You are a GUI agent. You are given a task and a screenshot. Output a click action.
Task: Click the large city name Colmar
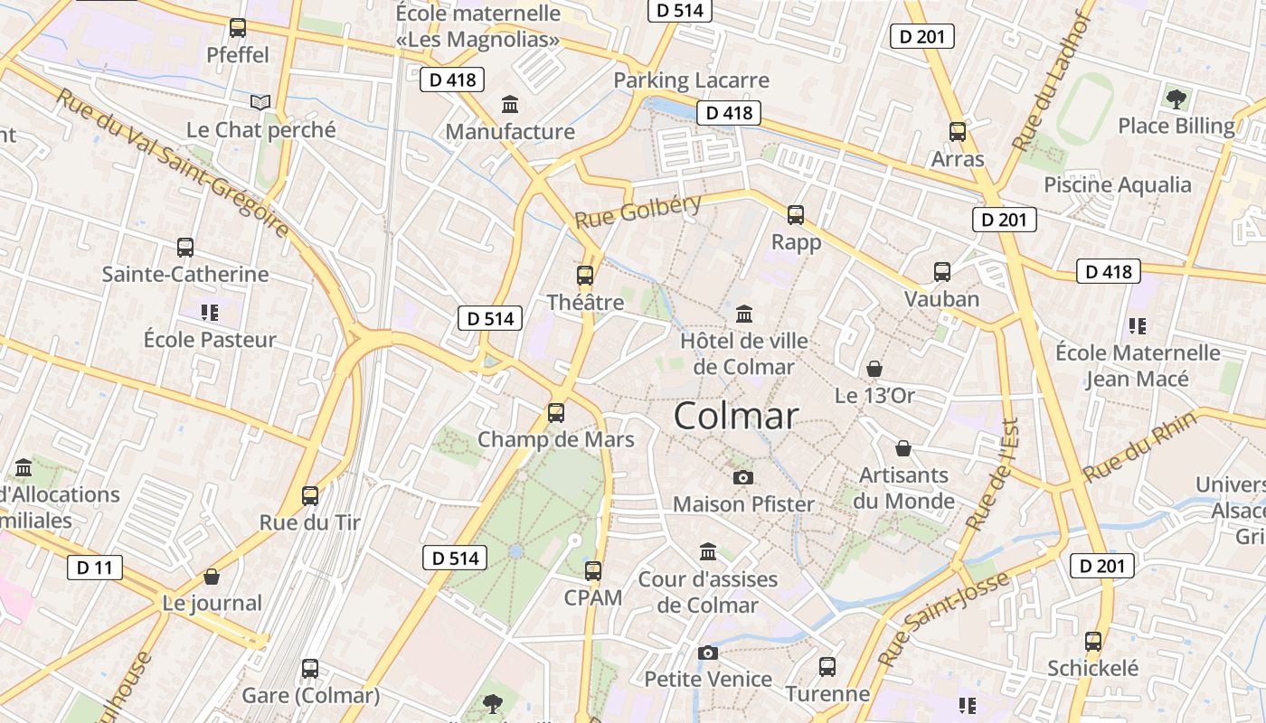pyautogui.click(x=736, y=416)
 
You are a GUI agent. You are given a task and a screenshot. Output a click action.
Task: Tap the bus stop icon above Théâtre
pyautogui.click(x=585, y=276)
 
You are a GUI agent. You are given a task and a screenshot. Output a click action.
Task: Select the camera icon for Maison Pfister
pyautogui.click(x=743, y=477)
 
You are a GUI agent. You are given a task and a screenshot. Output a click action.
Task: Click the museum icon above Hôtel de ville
pyautogui.click(x=744, y=315)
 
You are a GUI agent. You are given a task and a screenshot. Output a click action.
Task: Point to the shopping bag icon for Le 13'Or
pyautogui.click(x=874, y=369)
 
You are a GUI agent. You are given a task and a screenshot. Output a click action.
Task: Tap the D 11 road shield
pyautogui.click(x=95, y=568)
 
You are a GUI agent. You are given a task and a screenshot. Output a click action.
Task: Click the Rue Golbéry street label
pyautogui.click(x=638, y=210)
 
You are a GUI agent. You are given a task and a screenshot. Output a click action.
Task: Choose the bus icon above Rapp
pyautogui.click(x=796, y=215)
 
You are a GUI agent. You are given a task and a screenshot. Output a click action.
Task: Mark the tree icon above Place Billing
pyautogui.click(x=1176, y=99)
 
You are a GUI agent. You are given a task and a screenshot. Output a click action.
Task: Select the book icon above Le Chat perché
pyautogui.click(x=260, y=103)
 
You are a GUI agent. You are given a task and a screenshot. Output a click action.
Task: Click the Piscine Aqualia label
pyautogui.click(x=1118, y=185)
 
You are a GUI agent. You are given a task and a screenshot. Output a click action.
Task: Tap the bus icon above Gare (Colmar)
pyautogui.click(x=310, y=669)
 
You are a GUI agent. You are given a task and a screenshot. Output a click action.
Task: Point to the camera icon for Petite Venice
pyautogui.click(x=708, y=653)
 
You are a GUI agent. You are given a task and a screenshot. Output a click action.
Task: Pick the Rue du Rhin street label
pyautogui.click(x=1140, y=446)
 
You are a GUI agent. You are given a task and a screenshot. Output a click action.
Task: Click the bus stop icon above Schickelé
pyautogui.click(x=1093, y=642)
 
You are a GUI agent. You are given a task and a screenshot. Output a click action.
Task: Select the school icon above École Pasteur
pyautogui.click(x=210, y=313)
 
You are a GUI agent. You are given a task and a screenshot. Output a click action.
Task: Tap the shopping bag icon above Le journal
pyautogui.click(x=212, y=577)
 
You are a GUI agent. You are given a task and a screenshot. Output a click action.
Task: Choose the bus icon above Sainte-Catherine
pyautogui.click(x=185, y=247)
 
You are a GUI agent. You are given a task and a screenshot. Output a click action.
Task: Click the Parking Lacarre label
pyautogui.click(x=691, y=80)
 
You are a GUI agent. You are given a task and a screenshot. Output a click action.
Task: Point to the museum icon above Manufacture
pyautogui.click(x=510, y=105)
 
